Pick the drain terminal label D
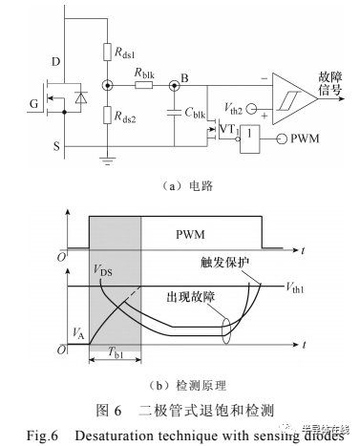(x=54, y=61)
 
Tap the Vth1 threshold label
(x=300, y=286)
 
